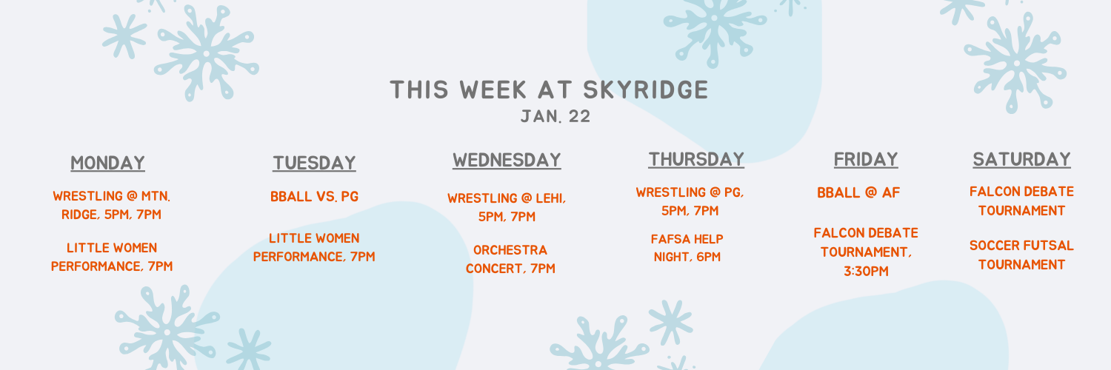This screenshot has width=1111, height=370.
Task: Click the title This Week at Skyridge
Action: click(x=549, y=90)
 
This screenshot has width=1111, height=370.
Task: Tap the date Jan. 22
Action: click(x=555, y=117)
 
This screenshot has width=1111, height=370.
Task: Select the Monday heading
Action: click(x=107, y=163)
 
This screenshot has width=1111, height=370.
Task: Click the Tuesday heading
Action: click(x=315, y=163)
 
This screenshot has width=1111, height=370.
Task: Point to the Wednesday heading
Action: click(x=507, y=160)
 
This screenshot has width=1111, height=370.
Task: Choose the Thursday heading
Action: click(x=696, y=159)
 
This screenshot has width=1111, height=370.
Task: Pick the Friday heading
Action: click(x=866, y=159)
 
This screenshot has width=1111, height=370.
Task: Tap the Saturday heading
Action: click(x=1021, y=159)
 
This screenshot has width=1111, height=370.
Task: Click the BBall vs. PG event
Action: click(x=315, y=197)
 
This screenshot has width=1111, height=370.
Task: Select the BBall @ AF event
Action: click(x=858, y=192)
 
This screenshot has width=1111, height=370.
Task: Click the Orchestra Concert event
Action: click(x=510, y=259)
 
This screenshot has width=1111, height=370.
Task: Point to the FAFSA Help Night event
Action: click(x=687, y=248)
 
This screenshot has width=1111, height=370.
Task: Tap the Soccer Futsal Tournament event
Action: click(x=1021, y=255)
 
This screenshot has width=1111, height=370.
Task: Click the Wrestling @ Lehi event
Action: click(x=507, y=207)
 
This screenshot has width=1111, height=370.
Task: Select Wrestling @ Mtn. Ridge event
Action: click(x=112, y=205)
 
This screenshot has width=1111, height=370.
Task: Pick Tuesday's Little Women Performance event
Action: click(x=315, y=247)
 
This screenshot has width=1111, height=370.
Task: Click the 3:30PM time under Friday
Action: click(x=866, y=272)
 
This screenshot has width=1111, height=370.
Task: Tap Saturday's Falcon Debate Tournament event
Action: click(x=1021, y=201)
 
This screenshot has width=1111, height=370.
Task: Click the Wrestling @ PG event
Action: click(x=690, y=201)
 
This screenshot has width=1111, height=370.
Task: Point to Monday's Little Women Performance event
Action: click(x=112, y=257)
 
